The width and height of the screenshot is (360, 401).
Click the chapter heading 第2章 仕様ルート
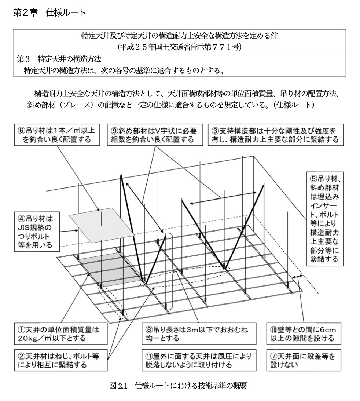[49, 13]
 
